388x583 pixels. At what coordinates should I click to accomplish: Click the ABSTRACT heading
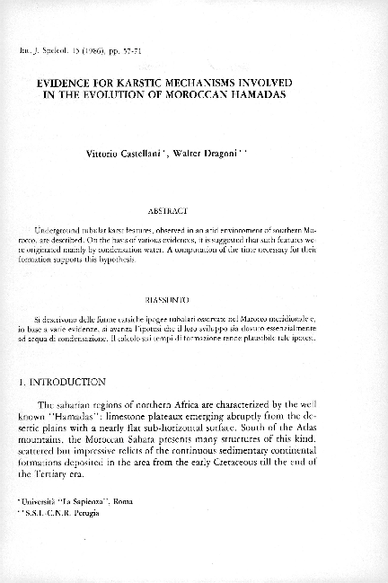[x=194, y=211]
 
